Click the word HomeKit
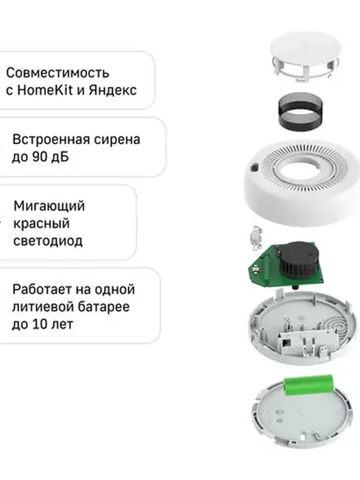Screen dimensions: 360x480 pos(44,90)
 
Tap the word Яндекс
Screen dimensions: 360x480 pos(112,90)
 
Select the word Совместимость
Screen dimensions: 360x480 pos(58,73)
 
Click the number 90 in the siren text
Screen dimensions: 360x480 pos(39,156)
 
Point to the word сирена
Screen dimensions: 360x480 pos(117,140)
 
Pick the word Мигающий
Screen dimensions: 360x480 pos(49,206)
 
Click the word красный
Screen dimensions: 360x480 pos(41,224)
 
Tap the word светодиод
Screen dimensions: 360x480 pos(48,241)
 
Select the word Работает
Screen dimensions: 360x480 pos(42,289)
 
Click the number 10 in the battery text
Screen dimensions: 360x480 pos(39,324)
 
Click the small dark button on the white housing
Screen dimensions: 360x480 pos(254,168)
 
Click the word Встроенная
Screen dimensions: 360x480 pos(51,140)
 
